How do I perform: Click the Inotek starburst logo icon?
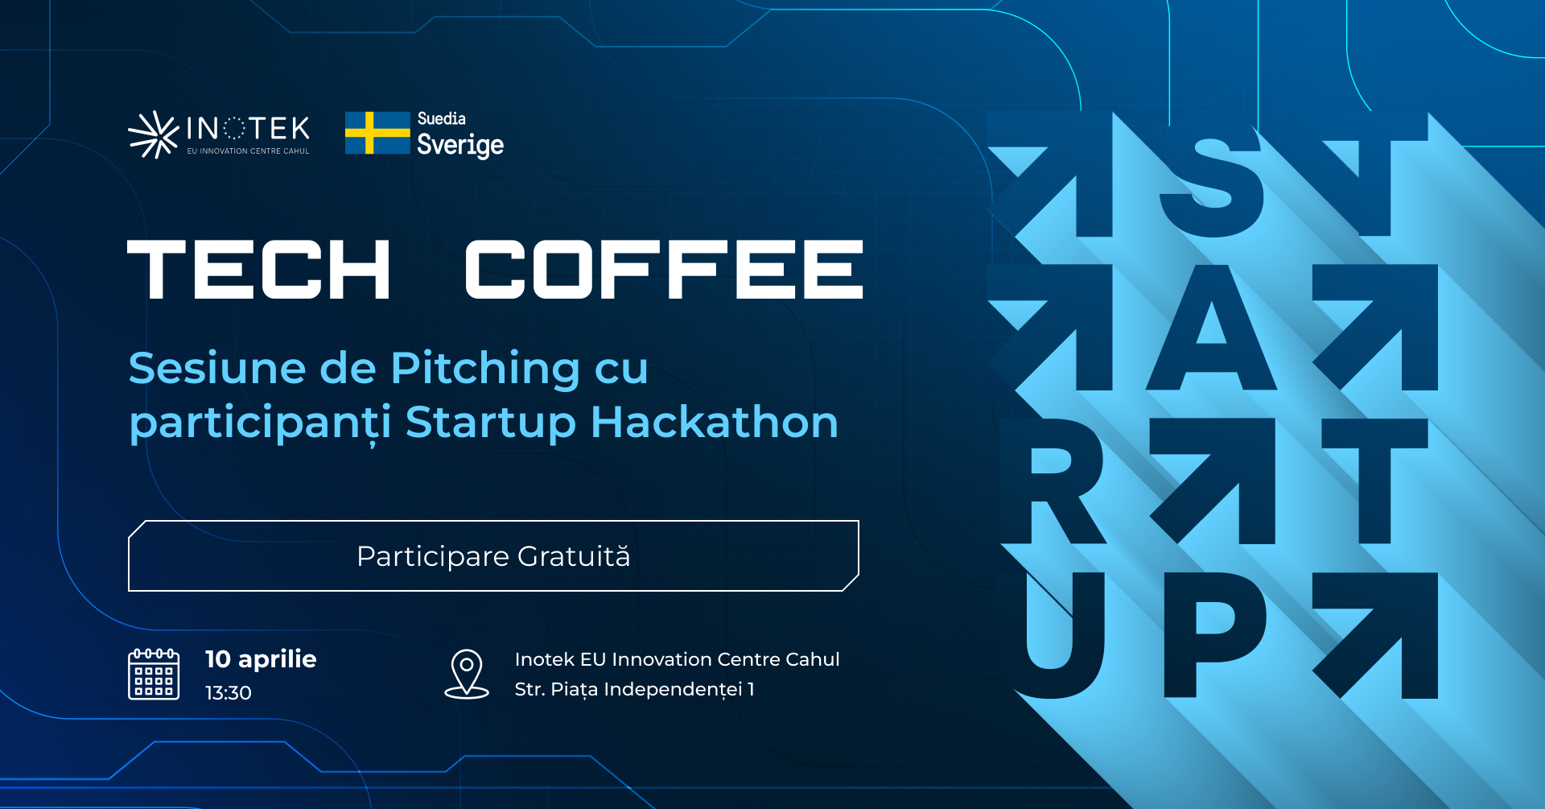(154, 134)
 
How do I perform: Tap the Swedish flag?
(377, 133)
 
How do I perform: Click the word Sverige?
(460, 146)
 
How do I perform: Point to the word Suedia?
(441, 118)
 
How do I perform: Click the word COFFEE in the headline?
(664, 270)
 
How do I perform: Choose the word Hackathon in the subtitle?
(715, 422)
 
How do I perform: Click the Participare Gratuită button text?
(493, 556)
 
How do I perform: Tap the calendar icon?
(154, 674)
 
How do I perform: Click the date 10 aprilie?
(261, 659)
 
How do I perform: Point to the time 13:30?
(229, 693)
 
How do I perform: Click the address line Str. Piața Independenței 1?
(635, 690)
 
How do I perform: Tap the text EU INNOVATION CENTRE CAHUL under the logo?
(248, 151)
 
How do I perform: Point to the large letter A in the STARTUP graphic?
(1211, 328)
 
